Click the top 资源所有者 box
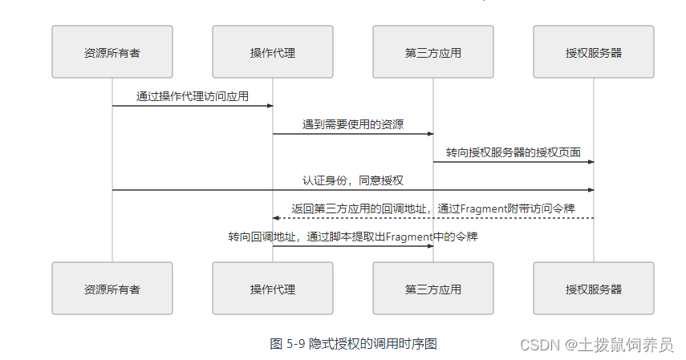pyautogui.click(x=112, y=52)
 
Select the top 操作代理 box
pyautogui.click(x=273, y=52)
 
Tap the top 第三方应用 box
pyautogui.click(x=433, y=52)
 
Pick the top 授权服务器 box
pyautogui.click(x=594, y=52)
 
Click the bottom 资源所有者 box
pyautogui.click(x=112, y=288)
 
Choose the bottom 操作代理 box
pyautogui.click(x=273, y=288)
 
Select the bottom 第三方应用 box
pyautogui.click(x=433, y=288)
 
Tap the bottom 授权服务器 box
pyautogui.click(x=594, y=288)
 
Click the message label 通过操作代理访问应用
pyautogui.click(x=193, y=96)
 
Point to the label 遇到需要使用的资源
pyautogui.click(x=353, y=124)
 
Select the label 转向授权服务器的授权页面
pyautogui.click(x=513, y=152)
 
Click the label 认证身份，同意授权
pyautogui.click(x=353, y=180)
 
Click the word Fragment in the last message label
pyautogui.click(x=411, y=237)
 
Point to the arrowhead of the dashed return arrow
pyautogui.click(x=276, y=218)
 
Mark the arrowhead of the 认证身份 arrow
pyautogui.click(x=591, y=190)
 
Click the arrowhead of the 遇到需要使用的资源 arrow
pyautogui.click(x=430, y=134)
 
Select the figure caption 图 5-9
pyautogui.click(x=287, y=343)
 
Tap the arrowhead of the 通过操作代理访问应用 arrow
pyautogui.click(x=270, y=106)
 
